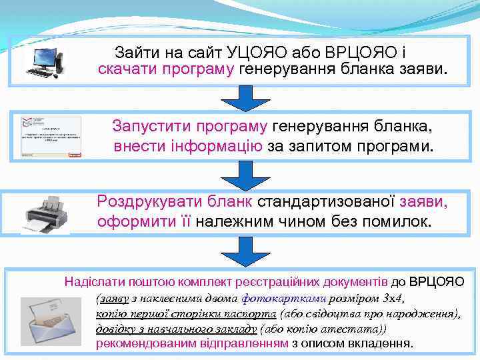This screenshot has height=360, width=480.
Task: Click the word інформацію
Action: coord(211,145)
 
